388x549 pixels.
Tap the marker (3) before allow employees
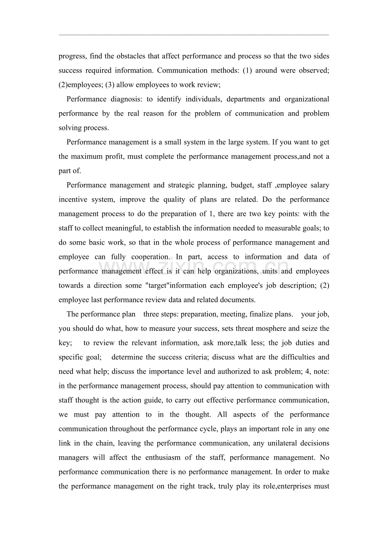pos(110,85)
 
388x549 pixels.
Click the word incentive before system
pos(72,199)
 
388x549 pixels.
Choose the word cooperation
pos(150,257)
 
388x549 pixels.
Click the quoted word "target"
pos(157,285)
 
